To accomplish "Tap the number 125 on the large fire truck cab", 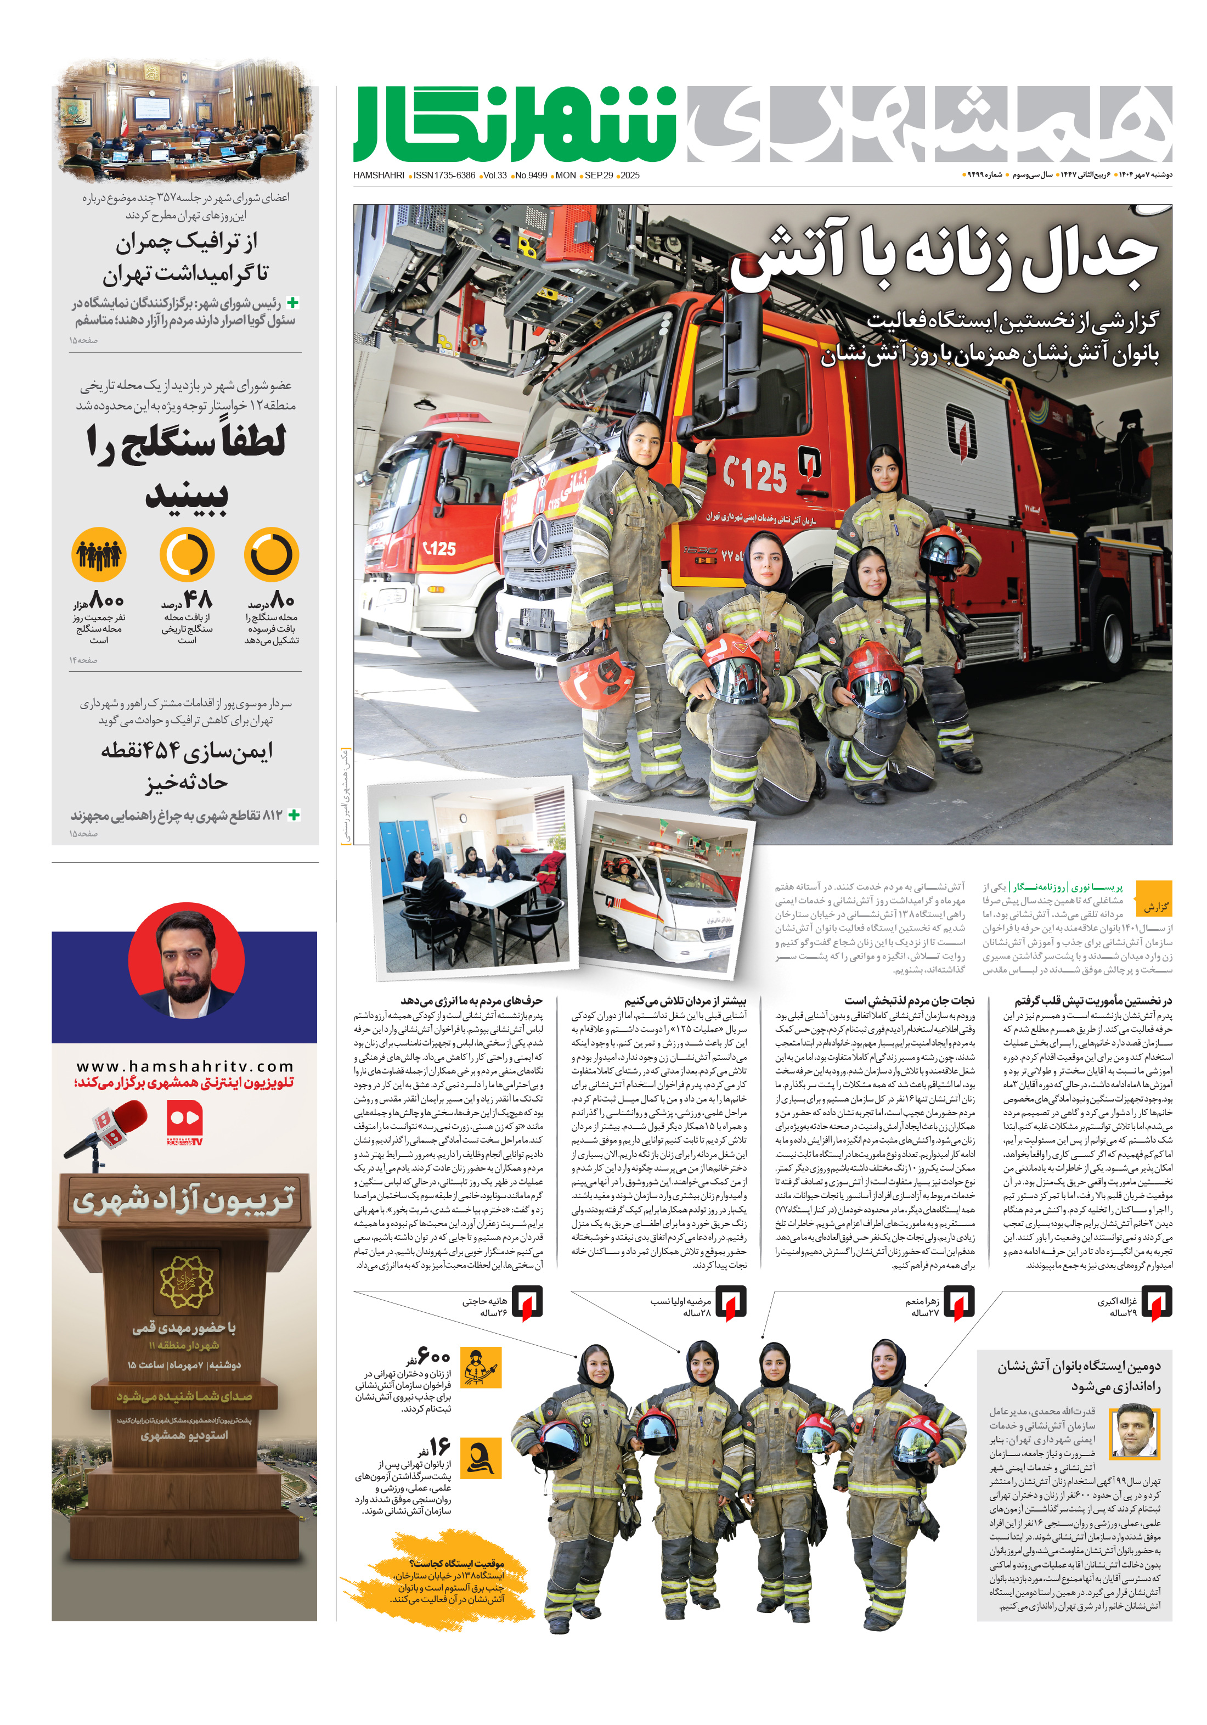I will [x=755, y=474].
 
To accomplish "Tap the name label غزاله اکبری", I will [x=1117, y=1301].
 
